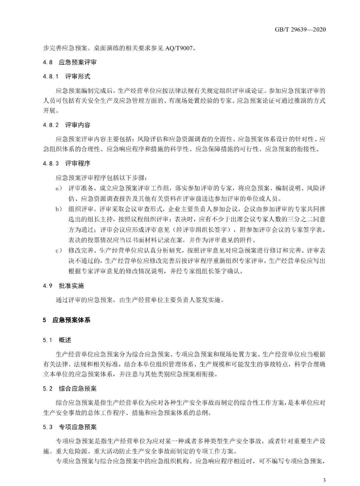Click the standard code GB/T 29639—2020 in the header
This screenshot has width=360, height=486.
point(300,30)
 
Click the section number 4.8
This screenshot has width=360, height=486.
point(48,62)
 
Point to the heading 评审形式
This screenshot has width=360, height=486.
point(78,76)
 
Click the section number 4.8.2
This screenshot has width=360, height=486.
point(51,125)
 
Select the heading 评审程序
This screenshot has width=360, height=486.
point(78,163)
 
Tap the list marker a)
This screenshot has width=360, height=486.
point(59,189)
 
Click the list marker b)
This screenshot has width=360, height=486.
point(59,209)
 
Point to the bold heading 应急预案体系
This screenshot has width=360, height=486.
point(71,320)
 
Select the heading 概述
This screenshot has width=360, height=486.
point(65,340)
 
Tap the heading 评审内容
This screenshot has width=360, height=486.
point(78,125)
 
